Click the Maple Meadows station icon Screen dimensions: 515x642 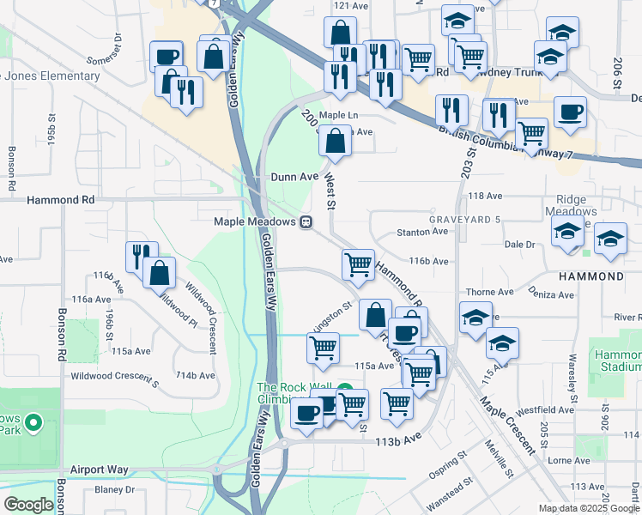pyautogui.click(x=305, y=222)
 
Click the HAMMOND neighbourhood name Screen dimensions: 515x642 pyautogui.click(x=591, y=276)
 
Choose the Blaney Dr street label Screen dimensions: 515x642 pyautogui.click(x=115, y=490)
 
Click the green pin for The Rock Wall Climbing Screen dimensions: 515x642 pyautogui.click(x=345, y=389)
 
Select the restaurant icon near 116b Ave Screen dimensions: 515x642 pyautogui.click(x=142, y=255)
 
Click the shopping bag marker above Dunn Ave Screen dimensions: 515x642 pyautogui.click(x=336, y=140)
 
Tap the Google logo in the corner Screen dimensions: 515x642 pyautogui.click(x=29, y=505)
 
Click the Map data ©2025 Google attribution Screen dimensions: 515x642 pyautogui.click(x=589, y=508)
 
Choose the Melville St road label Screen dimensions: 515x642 pyautogui.click(x=499, y=468)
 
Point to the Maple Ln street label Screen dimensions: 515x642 pyautogui.click(x=338, y=115)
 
